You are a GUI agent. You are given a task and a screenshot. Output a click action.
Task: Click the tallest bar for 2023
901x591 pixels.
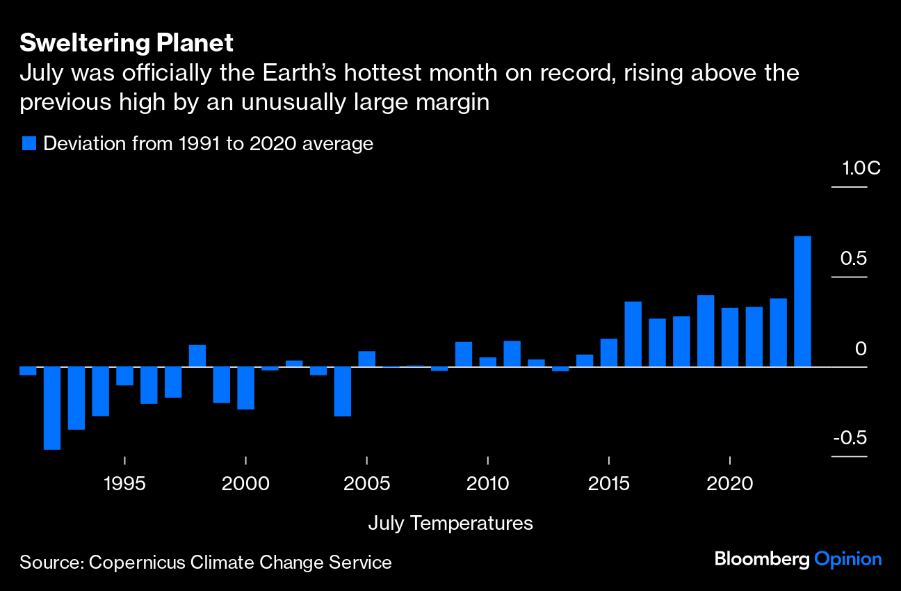tap(802, 301)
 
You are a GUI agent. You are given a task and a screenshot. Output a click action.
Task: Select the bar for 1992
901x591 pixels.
tap(52, 408)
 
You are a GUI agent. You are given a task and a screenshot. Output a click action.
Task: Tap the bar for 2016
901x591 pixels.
tap(633, 334)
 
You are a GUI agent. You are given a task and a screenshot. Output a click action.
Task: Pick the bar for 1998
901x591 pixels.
tap(197, 355)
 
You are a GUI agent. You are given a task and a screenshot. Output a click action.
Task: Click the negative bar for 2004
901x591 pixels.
tap(343, 391)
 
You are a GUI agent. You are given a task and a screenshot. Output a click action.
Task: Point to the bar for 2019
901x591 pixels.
tap(706, 330)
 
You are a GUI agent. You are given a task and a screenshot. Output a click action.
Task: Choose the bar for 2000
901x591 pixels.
tap(245, 388)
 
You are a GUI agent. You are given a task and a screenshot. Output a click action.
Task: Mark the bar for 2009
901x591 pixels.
tap(464, 354)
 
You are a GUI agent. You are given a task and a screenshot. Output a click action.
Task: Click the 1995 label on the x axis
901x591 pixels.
tap(124, 483)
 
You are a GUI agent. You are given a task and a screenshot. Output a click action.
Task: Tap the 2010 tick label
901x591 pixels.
tap(488, 483)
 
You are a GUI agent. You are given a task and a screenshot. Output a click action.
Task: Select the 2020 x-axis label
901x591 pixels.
tap(730, 483)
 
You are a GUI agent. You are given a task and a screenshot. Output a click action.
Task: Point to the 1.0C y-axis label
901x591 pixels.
tap(861, 168)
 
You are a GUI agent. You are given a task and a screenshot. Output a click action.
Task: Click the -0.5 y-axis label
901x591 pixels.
tap(850, 438)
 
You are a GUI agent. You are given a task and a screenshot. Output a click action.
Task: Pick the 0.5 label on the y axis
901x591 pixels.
tap(853, 259)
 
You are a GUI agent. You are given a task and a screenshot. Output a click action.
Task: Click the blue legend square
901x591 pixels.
tap(29, 144)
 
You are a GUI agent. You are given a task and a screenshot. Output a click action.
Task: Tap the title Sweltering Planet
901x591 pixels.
tap(127, 43)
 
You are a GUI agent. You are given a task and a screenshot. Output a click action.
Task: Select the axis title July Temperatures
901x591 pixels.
tap(450, 524)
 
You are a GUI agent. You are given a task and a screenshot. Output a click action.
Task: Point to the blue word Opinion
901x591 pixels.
tap(848, 559)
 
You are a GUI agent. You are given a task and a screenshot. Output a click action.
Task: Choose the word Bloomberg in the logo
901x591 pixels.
tap(763, 559)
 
